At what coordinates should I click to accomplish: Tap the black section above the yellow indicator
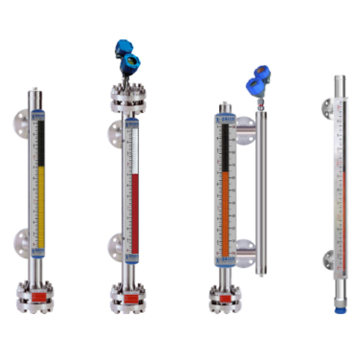[x=40, y=140]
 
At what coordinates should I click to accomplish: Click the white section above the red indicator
[x=133, y=151]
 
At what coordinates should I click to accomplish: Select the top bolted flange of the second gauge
[x=128, y=99]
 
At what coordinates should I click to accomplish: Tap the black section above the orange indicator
[x=225, y=148]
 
